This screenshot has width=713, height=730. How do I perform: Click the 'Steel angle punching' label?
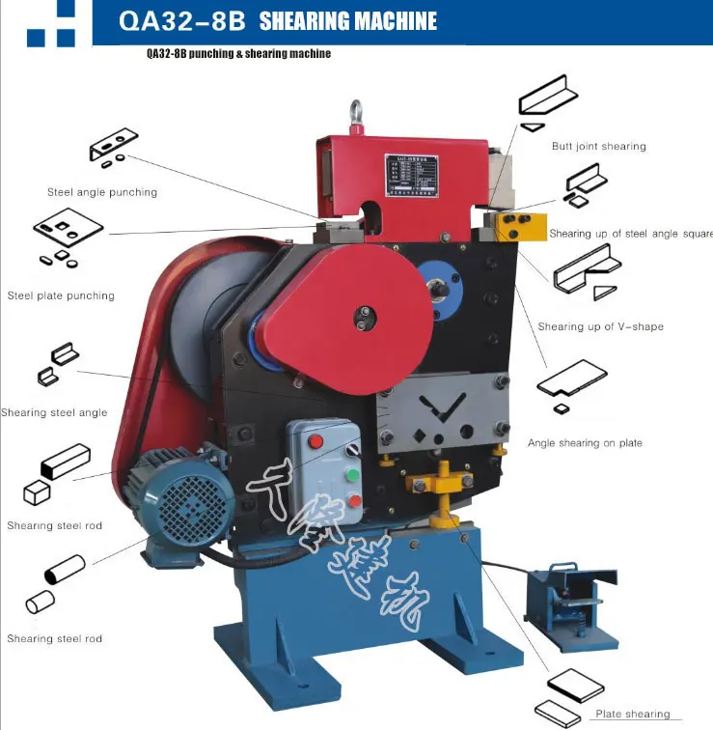click(102, 192)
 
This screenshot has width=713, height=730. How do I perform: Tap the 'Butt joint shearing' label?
click(598, 147)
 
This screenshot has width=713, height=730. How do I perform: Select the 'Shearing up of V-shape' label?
click(600, 326)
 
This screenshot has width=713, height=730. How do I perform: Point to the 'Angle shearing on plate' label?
click(585, 443)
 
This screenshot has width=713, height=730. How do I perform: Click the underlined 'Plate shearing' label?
click(632, 715)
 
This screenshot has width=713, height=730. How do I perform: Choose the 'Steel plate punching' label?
click(61, 295)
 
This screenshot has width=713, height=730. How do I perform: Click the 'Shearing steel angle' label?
click(54, 412)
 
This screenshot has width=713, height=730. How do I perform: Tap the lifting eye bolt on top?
click(357, 114)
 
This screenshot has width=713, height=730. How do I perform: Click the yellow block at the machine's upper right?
click(521, 229)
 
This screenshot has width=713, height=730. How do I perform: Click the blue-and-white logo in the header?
click(51, 23)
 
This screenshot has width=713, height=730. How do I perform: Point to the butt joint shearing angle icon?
click(547, 99)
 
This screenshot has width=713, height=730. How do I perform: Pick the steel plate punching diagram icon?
click(68, 231)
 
